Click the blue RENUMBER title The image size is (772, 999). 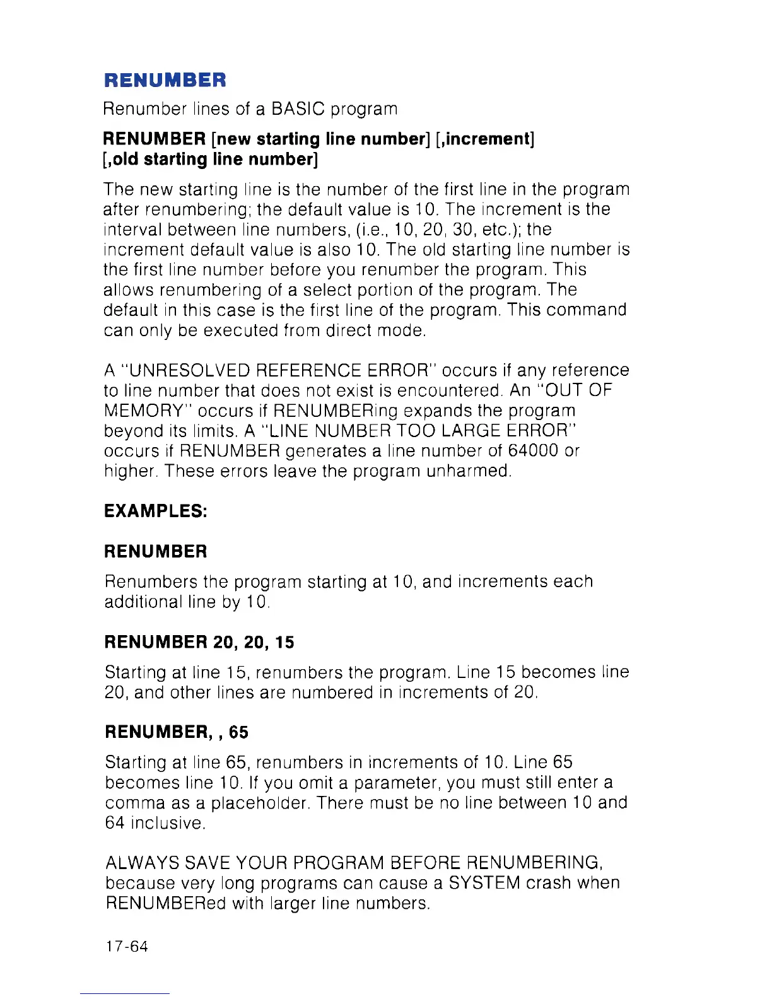tap(165, 80)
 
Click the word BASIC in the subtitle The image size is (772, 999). tap(298, 109)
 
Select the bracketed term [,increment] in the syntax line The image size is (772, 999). tap(485, 139)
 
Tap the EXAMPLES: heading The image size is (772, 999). tap(156, 511)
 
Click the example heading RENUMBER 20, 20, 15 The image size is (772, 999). tap(199, 642)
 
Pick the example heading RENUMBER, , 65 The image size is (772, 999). tap(177, 732)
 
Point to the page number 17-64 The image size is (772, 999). tap(127, 947)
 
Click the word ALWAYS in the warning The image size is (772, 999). tap(143, 863)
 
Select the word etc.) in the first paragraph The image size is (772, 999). tap(500, 230)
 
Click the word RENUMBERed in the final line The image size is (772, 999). tap(166, 903)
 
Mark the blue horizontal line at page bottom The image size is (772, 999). tap(125, 994)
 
